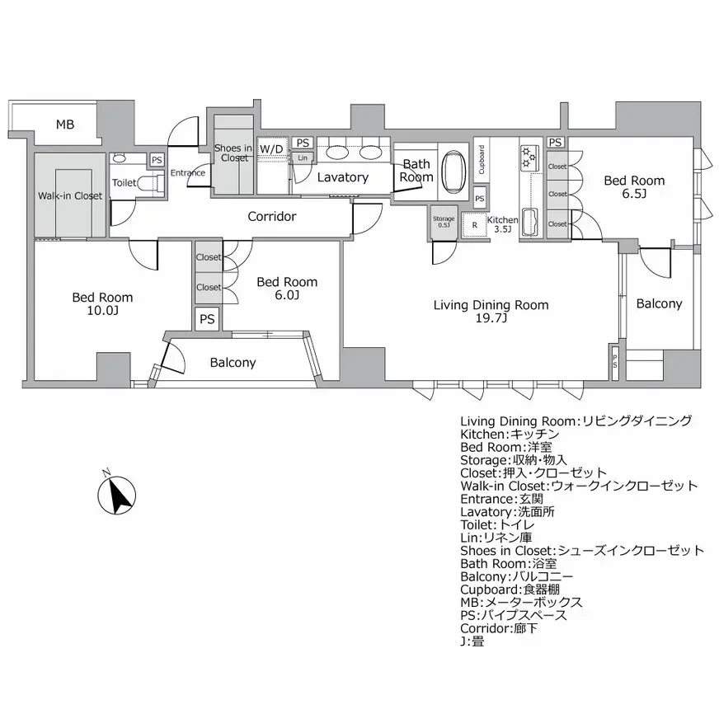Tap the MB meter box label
point(65,125)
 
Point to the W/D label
point(271,148)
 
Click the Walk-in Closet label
point(70,196)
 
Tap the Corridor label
point(271,217)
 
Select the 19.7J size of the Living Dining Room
point(491,318)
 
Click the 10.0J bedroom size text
point(102,311)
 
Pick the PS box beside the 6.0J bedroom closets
point(207,319)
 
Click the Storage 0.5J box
point(444,223)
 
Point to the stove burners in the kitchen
point(529,155)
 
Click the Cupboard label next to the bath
point(482,160)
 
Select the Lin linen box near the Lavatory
point(303,157)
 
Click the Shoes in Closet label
point(233,153)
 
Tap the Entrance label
point(187,173)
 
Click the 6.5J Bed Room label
point(634,187)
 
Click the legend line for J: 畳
point(472,640)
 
